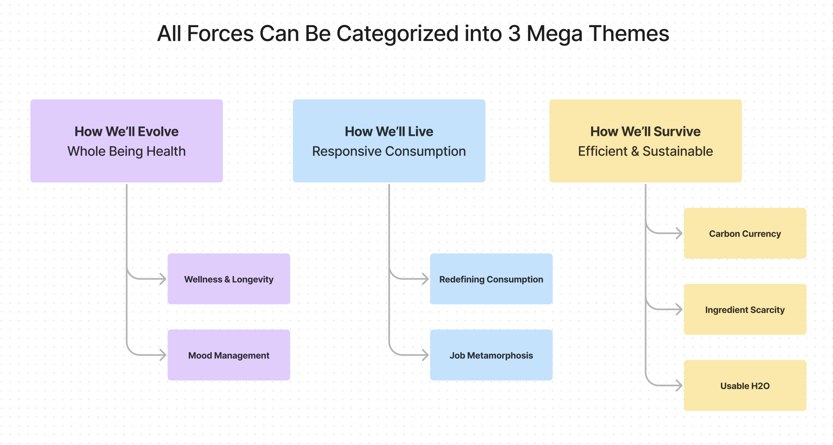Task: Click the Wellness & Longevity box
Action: point(229,279)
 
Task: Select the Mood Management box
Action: point(229,355)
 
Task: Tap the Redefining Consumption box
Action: point(491,279)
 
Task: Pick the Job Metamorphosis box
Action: point(491,355)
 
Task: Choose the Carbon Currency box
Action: point(745,233)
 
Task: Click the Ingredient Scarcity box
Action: point(745,310)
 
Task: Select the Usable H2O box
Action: point(745,386)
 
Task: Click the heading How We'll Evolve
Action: point(127,132)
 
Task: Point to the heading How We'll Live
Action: point(389,132)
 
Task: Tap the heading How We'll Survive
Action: point(645,132)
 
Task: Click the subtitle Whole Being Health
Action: point(127,151)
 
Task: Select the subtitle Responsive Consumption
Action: point(389,151)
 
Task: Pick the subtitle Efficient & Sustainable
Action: point(645,151)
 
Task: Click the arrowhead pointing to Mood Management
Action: point(162,355)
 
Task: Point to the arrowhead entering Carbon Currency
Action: point(679,233)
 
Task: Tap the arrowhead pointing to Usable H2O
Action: point(679,386)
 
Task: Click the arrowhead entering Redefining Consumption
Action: point(425,279)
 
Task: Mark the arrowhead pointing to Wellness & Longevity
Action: point(162,279)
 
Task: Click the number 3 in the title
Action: point(514,34)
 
